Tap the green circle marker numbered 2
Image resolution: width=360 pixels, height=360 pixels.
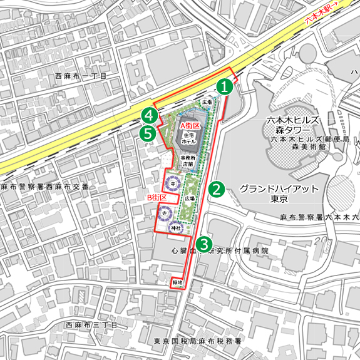(x=217, y=188)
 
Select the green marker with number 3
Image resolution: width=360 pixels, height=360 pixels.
(x=204, y=245)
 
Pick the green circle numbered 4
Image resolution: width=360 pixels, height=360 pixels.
(x=149, y=115)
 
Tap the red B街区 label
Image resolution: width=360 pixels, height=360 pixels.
(x=156, y=197)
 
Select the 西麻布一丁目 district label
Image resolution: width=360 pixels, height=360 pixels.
(x=82, y=76)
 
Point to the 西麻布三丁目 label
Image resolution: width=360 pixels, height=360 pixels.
(x=91, y=326)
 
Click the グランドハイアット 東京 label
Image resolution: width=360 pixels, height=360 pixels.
(x=279, y=193)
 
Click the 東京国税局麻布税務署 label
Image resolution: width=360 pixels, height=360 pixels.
(x=197, y=341)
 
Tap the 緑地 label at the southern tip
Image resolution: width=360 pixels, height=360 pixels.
(x=177, y=282)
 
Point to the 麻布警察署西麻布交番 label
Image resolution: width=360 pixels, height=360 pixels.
(x=45, y=187)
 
